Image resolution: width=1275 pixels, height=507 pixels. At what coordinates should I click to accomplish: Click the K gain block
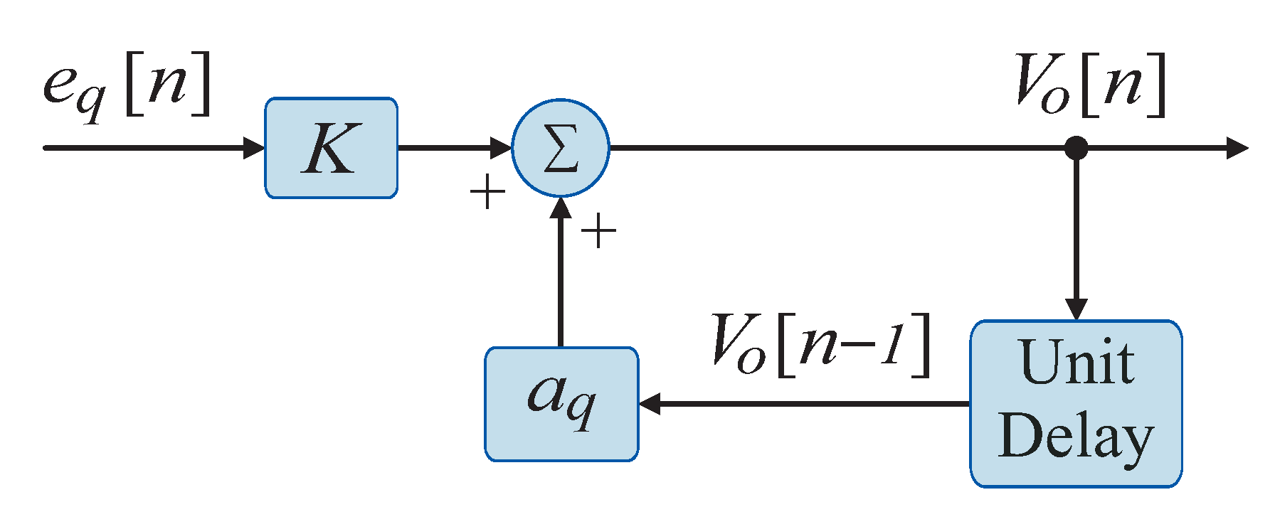pos(331,148)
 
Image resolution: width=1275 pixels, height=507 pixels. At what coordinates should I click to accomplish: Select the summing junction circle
pos(561,148)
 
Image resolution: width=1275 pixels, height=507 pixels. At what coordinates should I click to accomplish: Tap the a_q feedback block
pos(561,404)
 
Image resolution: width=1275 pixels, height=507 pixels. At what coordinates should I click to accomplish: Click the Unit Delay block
pos(1076,404)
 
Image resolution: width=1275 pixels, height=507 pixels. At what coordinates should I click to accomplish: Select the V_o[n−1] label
pos(822,345)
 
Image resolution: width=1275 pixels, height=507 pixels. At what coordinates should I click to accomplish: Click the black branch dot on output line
pos(1076,148)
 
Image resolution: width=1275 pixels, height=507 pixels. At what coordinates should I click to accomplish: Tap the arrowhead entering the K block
pos(254,148)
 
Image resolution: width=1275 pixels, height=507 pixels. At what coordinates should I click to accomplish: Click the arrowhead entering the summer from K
pos(502,148)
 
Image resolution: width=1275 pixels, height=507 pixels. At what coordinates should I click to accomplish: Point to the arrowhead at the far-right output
pos(1238,148)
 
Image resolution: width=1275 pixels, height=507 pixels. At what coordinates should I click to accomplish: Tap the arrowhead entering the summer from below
pos(561,208)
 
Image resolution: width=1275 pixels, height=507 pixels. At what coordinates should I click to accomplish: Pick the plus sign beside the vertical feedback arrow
pos(598,231)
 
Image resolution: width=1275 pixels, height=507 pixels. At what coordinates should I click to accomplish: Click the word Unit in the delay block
pos(1076,363)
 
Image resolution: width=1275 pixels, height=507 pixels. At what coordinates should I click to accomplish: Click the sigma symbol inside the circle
pos(561,149)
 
